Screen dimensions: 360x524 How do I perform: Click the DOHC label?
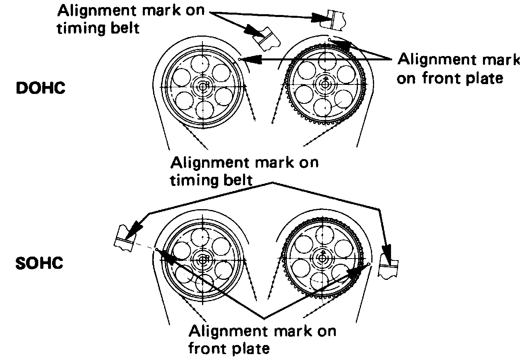(40, 88)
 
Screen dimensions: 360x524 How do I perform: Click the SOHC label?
(39, 263)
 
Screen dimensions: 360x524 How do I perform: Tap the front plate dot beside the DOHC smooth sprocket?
(240, 60)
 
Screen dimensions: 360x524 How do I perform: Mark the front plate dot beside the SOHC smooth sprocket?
(157, 249)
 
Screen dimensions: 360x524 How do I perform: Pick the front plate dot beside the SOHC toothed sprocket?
(369, 264)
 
